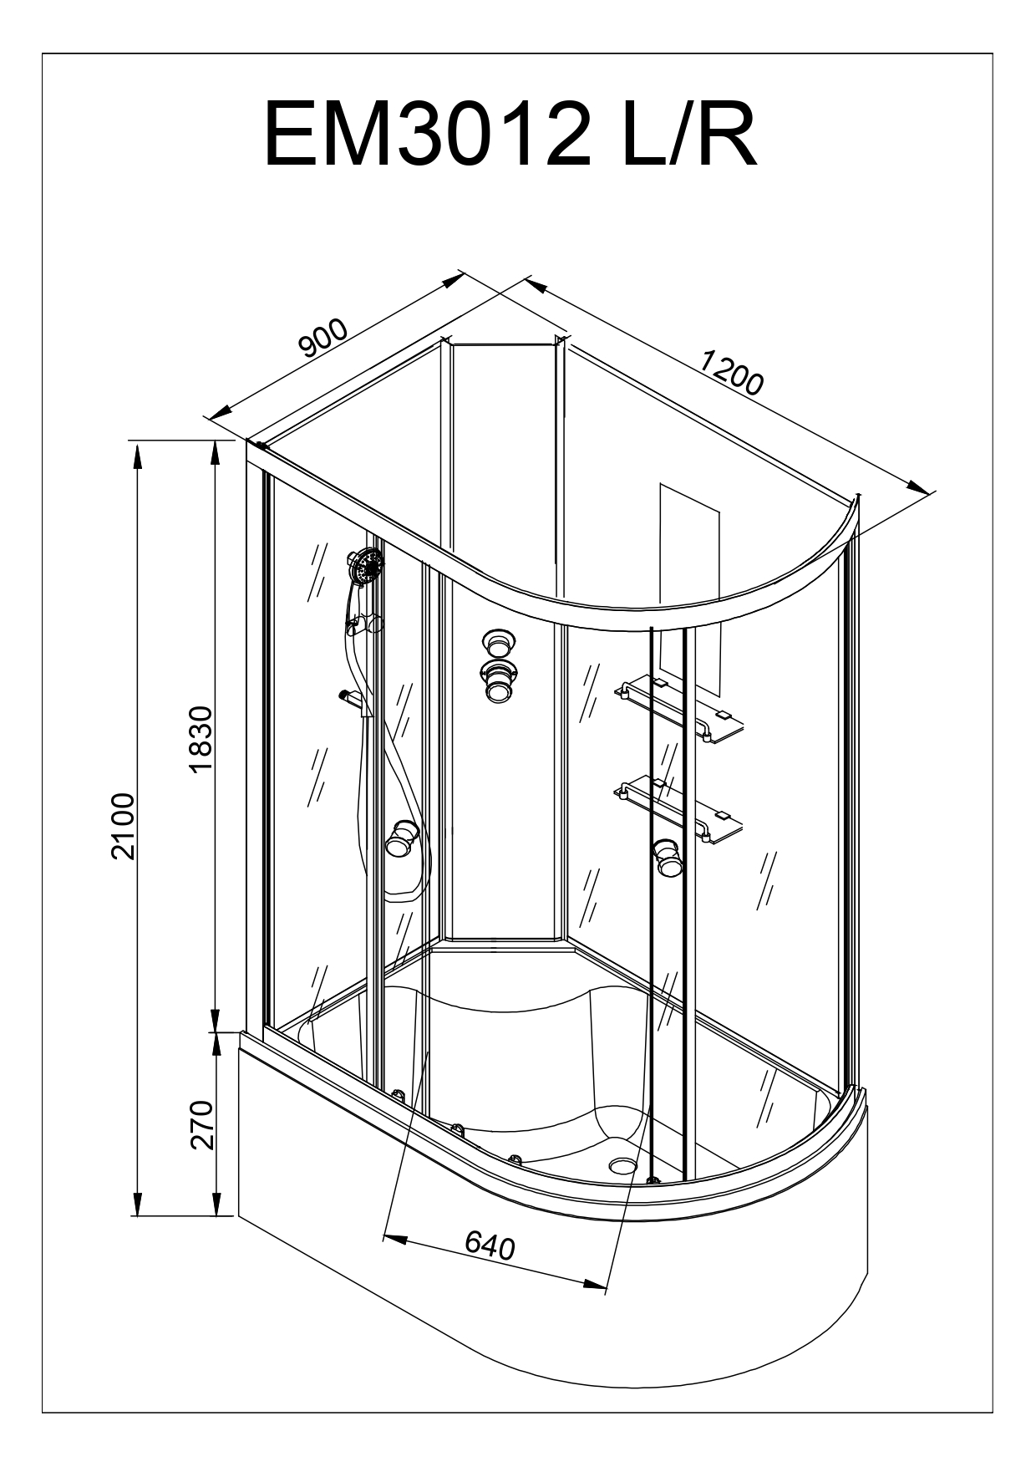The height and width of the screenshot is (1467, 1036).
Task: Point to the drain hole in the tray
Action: tap(622, 1164)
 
